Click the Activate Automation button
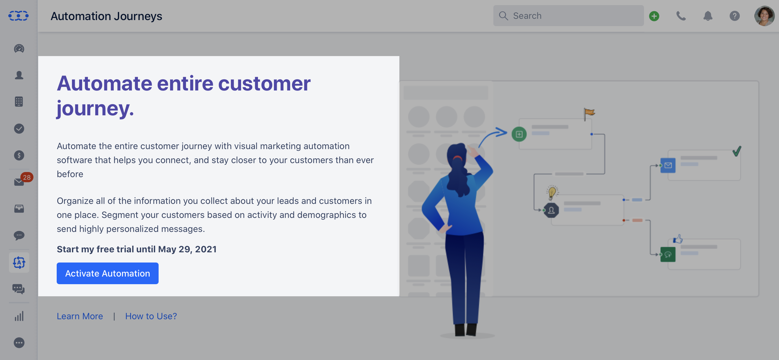click(108, 273)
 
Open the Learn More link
click(80, 316)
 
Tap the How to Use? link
click(151, 316)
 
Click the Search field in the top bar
click(568, 16)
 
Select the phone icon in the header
click(681, 16)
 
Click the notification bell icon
click(708, 16)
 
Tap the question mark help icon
click(735, 16)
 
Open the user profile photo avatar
click(764, 16)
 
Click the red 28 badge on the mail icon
click(27, 177)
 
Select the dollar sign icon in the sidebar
click(19, 155)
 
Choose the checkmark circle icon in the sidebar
click(19, 128)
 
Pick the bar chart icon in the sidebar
click(19, 316)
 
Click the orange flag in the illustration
click(589, 113)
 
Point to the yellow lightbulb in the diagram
click(552, 192)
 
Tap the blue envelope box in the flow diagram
click(668, 165)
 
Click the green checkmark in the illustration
click(737, 151)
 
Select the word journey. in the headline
click(96, 109)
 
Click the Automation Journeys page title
click(106, 16)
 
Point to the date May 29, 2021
click(187, 249)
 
